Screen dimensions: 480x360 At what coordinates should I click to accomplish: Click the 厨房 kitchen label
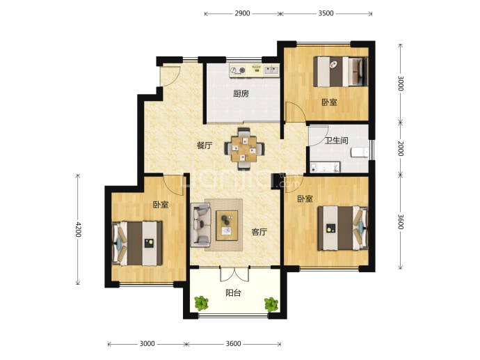241,93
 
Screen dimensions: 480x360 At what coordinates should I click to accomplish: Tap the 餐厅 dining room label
205,146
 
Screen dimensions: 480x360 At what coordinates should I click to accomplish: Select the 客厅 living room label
259,232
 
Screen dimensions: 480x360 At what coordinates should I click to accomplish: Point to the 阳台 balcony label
233,293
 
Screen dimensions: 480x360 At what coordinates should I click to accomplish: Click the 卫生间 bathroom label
337,141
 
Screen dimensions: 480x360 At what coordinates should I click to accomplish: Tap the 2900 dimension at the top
242,13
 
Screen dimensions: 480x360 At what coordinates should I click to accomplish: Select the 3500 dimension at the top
326,13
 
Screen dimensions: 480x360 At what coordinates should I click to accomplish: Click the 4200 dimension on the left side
78,229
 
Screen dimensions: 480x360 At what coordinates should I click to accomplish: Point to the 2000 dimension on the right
401,148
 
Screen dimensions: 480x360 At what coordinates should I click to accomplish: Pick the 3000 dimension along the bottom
147,344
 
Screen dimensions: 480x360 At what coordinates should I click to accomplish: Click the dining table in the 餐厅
244,149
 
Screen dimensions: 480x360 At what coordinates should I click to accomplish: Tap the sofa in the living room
201,225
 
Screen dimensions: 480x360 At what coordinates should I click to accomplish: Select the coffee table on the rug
227,225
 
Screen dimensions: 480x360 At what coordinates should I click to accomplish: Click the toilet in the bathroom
360,152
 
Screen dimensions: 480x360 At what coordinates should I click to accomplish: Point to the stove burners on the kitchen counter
238,70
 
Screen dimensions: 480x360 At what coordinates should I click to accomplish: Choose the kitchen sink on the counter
271,70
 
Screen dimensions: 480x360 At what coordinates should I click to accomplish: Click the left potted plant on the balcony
202,304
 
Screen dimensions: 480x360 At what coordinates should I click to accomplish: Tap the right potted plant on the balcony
271,304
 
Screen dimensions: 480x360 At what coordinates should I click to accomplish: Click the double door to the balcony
234,274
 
